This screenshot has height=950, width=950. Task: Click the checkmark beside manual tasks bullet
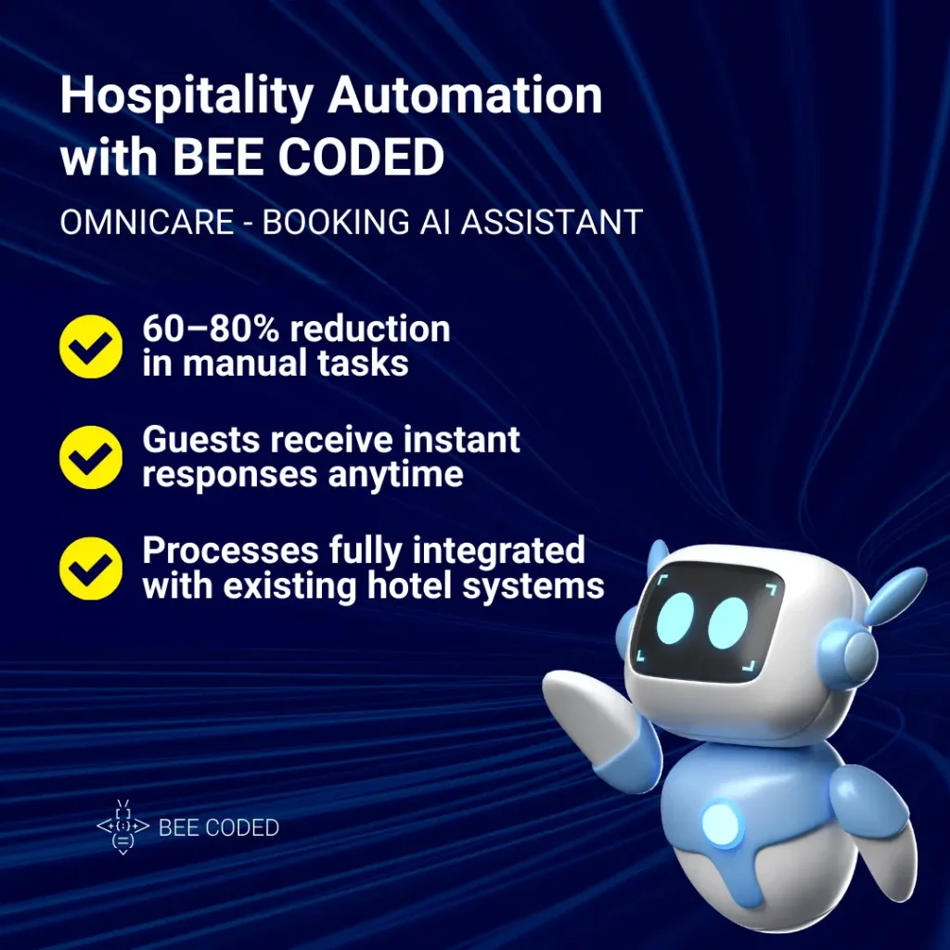[91, 345]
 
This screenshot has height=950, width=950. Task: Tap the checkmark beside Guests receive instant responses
[91, 456]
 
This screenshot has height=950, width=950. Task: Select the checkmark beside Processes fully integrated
[91, 568]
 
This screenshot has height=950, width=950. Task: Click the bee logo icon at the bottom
[122, 826]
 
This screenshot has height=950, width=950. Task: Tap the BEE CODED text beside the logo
[219, 827]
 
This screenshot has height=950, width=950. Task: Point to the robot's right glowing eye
[728, 623]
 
